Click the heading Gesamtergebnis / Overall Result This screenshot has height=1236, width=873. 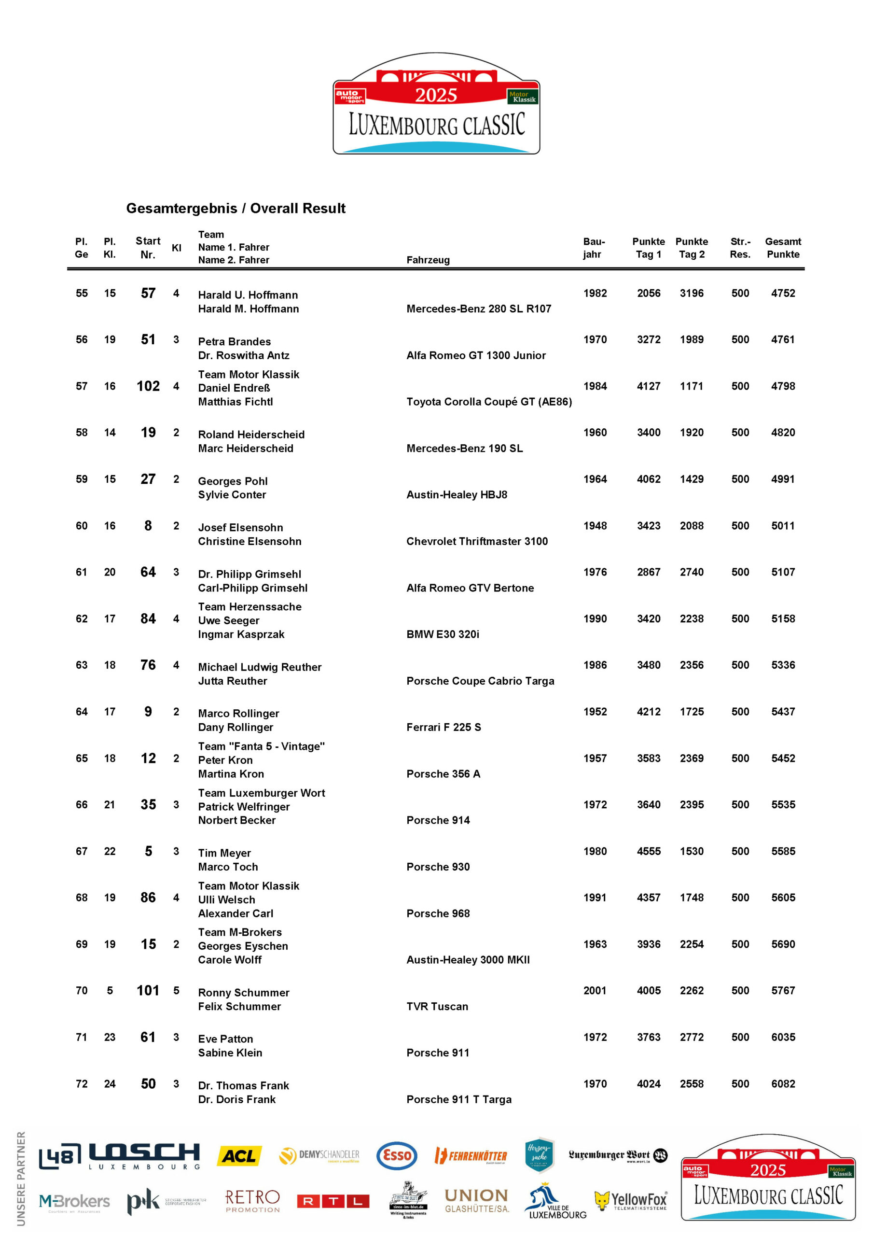tap(236, 208)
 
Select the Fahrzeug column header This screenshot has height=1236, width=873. tap(428, 260)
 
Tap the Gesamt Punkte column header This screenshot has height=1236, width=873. tap(783, 248)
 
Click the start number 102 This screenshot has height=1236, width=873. tap(148, 386)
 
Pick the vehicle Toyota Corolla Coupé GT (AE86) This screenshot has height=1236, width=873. tap(489, 402)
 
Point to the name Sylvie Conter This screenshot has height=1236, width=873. tap(232, 495)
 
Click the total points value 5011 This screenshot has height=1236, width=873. tap(783, 525)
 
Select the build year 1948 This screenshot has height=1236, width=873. tap(595, 525)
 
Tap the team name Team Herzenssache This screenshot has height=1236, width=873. tap(249, 607)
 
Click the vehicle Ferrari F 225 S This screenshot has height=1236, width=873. tap(443, 727)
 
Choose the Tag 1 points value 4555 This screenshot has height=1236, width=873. tap(649, 851)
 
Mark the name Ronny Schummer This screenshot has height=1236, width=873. tap(243, 993)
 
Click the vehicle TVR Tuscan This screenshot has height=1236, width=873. tap(437, 1007)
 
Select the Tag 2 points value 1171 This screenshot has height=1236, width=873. tap(692, 386)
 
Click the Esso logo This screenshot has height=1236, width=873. tap(397, 1156)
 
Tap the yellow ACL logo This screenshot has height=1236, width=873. tap(239, 1156)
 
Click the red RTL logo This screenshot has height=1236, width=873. tap(333, 1201)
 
